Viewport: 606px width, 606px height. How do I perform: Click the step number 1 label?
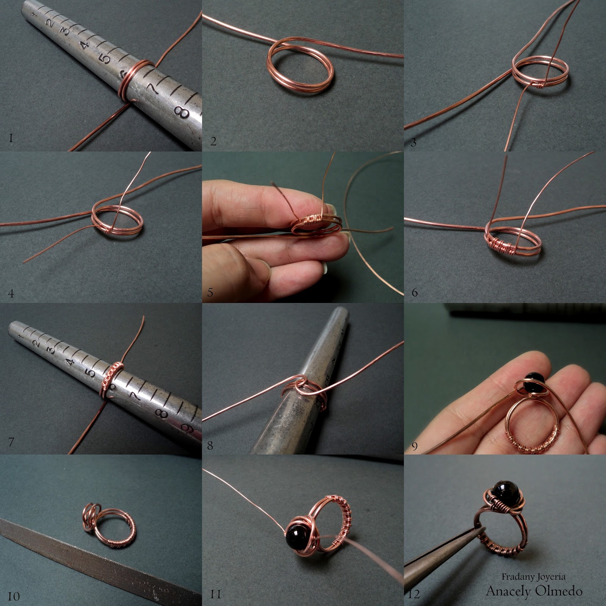coord(11,138)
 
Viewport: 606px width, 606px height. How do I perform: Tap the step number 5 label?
coord(211,292)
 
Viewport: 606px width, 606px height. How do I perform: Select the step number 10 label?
coord(14,597)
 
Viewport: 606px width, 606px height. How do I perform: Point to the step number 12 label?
coord(414,594)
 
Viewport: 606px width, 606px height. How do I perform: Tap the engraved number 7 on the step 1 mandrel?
coord(153,89)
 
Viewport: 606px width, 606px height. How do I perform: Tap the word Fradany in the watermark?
coord(517,577)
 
